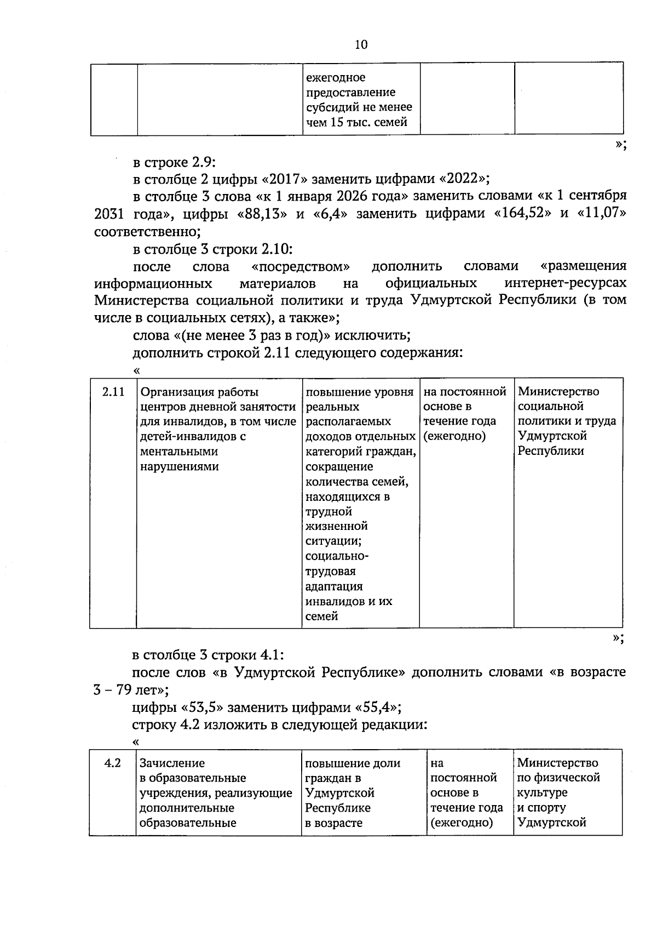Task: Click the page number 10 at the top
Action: coord(361,44)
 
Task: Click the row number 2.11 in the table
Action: coord(113,392)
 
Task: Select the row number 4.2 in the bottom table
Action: coord(112,763)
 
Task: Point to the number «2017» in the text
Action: coord(286,179)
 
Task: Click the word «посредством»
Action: coord(301,267)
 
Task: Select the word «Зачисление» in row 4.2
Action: coord(172,763)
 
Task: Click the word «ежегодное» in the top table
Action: coord(335,78)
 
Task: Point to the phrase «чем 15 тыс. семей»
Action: coord(356,122)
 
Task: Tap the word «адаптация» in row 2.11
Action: coord(334,586)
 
